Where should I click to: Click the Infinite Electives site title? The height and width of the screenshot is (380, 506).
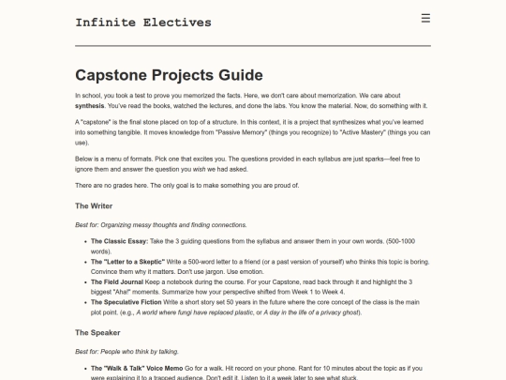(x=143, y=23)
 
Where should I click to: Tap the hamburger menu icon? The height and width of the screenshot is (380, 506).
(x=425, y=18)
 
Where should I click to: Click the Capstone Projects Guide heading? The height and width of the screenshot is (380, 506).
(x=169, y=75)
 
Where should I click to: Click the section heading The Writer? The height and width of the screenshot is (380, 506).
(x=94, y=205)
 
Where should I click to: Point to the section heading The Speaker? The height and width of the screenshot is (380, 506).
(x=97, y=332)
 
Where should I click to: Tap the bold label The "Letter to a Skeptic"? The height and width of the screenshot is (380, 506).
(x=131, y=261)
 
